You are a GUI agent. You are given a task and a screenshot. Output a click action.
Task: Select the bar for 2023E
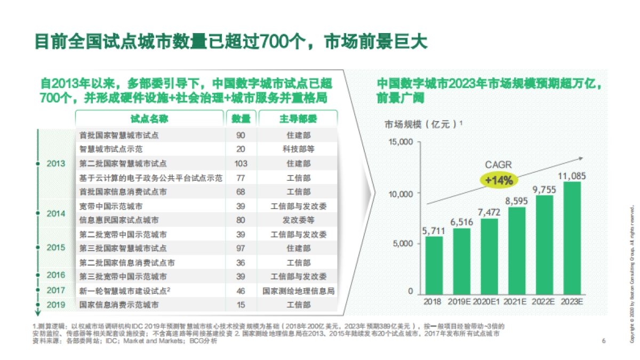[572, 237]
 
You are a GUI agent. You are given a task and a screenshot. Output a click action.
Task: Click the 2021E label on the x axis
[516, 301]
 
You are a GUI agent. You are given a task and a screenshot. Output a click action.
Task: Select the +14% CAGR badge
[499, 180]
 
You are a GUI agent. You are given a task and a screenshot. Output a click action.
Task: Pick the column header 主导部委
[298, 119]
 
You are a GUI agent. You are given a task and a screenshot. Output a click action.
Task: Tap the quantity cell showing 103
[241, 164]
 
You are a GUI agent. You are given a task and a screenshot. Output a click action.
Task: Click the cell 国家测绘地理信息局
[298, 291]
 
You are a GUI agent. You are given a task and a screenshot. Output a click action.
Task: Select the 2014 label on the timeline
[56, 213]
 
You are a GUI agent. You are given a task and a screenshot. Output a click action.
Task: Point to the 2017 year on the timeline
[56, 291]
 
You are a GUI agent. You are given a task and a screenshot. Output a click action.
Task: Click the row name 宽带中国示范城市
[111, 206]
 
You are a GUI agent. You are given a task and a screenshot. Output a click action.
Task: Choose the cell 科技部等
[298, 149]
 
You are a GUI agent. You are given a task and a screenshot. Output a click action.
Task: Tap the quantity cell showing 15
[241, 305]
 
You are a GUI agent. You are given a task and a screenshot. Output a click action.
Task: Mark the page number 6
[603, 341]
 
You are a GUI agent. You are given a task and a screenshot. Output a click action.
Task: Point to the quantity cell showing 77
[241, 178]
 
